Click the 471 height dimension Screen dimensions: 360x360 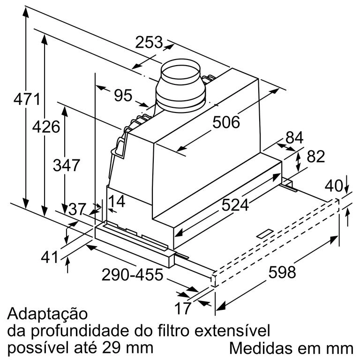click(x=27, y=99)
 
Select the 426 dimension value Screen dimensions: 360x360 click(x=46, y=127)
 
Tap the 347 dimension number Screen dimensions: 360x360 click(x=67, y=165)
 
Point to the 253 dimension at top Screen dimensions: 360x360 click(x=149, y=42)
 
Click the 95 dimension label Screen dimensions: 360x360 click(x=123, y=95)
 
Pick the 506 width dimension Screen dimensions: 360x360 click(x=226, y=122)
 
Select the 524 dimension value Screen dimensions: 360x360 click(x=235, y=205)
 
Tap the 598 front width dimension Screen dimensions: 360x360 click(x=282, y=272)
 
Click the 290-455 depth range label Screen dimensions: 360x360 click(x=133, y=275)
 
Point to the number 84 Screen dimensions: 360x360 click(x=294, y=137)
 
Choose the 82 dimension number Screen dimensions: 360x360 click(x=316, y=157)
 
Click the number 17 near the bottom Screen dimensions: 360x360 click(x=183, y=308)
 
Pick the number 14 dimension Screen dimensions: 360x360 click(x=117, y=202)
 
